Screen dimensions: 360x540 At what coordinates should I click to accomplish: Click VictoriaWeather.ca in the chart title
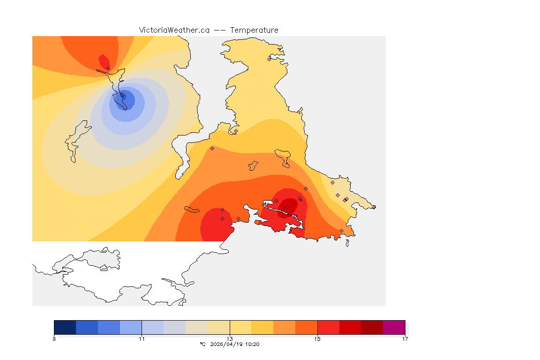(x=174, y=30)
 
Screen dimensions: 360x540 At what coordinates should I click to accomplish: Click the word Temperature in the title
(x=254, y=30)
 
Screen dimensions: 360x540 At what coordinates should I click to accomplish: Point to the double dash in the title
(x=220, y=30)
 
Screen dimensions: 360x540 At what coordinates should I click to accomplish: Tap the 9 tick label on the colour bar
(x=54, y=339)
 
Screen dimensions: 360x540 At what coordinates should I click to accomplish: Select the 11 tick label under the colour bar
(x=142, y=339)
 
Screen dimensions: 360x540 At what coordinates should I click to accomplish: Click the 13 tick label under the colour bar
(x=230, y=339)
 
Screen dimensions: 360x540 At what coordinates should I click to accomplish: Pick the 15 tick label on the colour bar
(x=317, y=339)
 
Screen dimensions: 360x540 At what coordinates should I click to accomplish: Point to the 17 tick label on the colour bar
(x=405, y=339)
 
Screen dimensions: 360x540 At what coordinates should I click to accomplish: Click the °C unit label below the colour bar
(x=202, y=344)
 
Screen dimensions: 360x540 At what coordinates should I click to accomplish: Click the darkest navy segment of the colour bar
(x=65, y=327)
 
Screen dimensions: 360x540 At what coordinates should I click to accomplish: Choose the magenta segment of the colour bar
(x=394, y=327)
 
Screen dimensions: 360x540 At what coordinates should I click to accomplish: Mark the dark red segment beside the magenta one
(x=372, y=327)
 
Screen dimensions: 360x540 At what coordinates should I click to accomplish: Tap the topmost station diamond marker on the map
(x=269, y=59)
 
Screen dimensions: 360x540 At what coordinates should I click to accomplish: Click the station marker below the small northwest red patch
(x=108, y=68)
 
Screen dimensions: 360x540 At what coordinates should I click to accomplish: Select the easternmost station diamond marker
(x=374, y=207)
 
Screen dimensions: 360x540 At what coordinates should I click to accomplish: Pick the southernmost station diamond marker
(x=341, y=231)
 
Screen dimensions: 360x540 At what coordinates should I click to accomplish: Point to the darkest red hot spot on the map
(x=289, y=205)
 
